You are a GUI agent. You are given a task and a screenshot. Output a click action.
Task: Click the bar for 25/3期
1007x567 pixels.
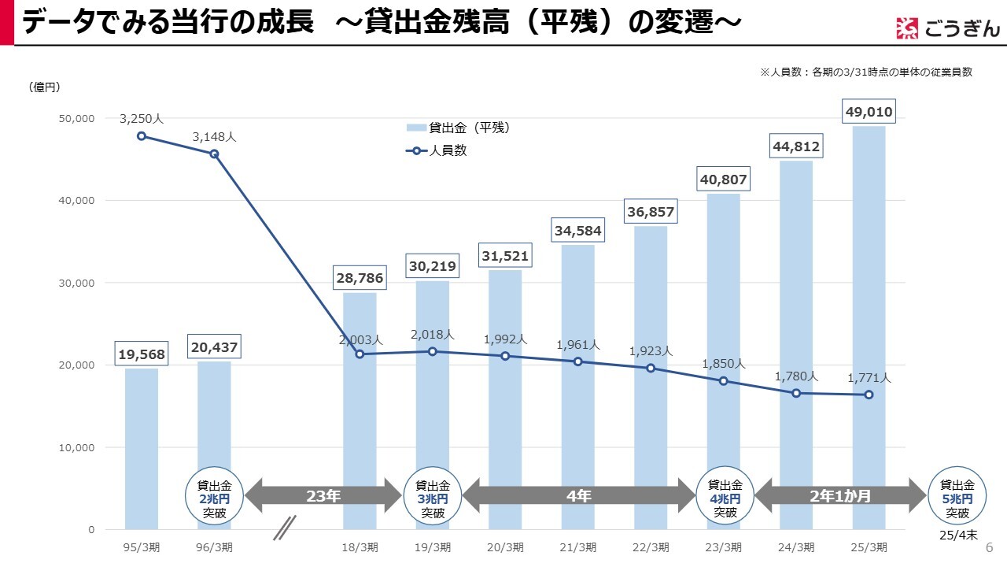coord(869,315)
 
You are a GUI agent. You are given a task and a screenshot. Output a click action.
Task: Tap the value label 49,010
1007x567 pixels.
coord(869,112)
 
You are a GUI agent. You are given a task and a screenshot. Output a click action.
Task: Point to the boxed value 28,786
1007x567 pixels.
coord(360,279)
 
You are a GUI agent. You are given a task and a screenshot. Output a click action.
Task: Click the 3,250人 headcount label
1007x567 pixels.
coord(142,119)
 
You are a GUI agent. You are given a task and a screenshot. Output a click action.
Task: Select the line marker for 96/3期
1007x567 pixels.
coord(214,154)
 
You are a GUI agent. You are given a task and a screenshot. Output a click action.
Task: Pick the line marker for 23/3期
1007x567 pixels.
coord(723,381)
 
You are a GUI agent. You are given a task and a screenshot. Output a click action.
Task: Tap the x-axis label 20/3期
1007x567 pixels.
coord(505,547)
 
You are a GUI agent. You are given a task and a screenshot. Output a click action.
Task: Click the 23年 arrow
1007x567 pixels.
coord(323,495)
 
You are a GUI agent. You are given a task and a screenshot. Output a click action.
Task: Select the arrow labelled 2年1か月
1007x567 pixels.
coord(840,495)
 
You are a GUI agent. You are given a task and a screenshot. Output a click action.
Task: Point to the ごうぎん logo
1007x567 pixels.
coord(948,28)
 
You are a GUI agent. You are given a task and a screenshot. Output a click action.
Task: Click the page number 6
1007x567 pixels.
coord(989,547)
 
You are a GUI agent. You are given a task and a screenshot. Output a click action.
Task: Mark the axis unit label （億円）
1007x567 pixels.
coord(44,87)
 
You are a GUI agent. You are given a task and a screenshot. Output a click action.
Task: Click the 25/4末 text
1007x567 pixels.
coord(957,535)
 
